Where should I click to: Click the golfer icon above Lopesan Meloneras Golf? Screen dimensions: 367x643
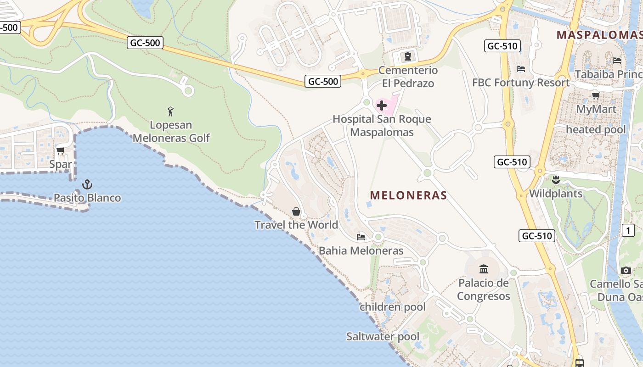171,111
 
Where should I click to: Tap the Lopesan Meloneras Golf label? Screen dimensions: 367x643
171,131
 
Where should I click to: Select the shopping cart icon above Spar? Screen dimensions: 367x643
61,150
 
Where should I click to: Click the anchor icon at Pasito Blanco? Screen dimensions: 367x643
87,185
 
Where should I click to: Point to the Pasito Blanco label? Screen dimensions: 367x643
87,198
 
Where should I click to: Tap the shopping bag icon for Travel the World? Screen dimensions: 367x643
296,211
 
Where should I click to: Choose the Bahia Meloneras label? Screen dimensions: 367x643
361,250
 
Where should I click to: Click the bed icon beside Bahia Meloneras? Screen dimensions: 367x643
361,237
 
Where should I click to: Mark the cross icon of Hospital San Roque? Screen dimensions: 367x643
381,106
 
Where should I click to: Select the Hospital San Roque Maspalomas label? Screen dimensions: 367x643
382,126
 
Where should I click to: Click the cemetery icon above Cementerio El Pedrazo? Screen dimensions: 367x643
407,57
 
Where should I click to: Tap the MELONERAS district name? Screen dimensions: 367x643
408,195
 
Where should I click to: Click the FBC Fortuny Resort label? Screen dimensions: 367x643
521,83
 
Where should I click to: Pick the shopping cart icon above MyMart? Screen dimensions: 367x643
596,96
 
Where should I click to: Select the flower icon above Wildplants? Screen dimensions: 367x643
556,180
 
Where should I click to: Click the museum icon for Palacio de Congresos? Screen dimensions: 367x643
484,269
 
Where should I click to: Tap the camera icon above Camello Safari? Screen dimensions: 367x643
626,271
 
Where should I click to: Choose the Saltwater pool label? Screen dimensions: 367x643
383,337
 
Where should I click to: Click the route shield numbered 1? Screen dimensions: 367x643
628,230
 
